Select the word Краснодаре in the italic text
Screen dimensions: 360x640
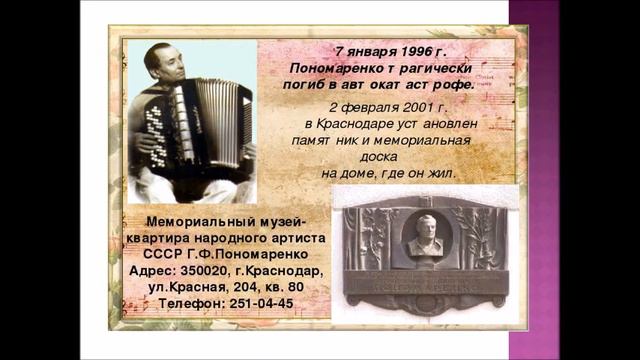[357, 123]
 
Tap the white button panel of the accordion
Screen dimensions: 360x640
[156, 129]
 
